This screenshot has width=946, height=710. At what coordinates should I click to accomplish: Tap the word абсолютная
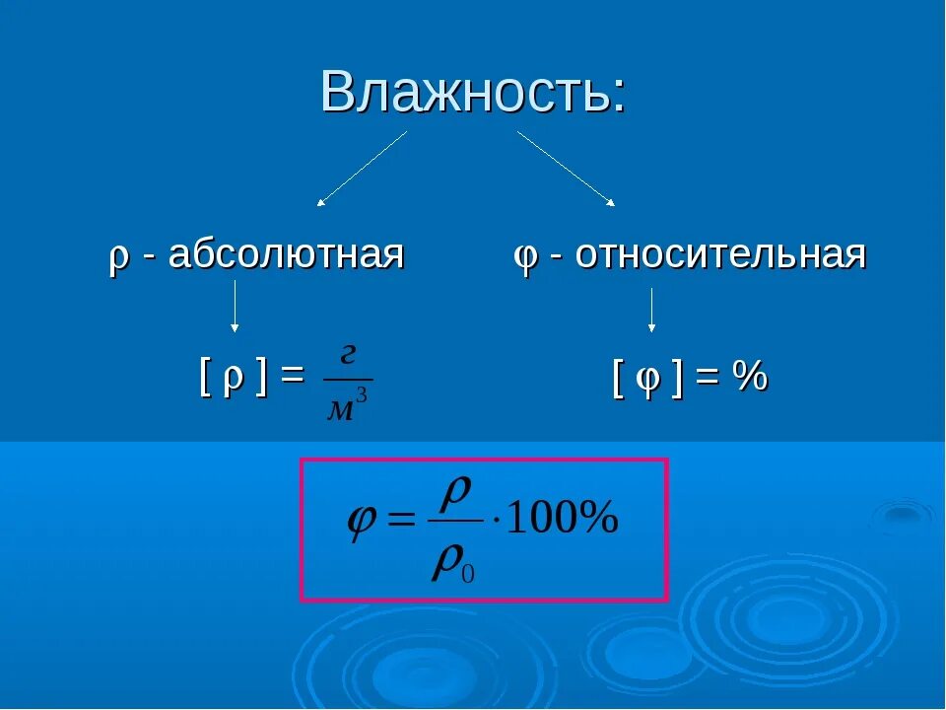click(286, 254)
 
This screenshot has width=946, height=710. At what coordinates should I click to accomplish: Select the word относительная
click(720, 254)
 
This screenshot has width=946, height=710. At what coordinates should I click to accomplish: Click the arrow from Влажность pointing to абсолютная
click(362, 169)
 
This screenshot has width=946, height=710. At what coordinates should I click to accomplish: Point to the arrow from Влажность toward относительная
click(566, 169)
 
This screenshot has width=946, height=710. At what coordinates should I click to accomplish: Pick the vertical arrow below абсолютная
click(235, 306)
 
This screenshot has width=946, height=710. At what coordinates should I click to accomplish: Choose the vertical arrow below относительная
click(651, 310)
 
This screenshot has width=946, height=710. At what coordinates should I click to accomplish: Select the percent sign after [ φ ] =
click(751, 378)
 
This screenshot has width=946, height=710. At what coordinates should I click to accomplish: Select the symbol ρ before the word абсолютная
click(118, 257)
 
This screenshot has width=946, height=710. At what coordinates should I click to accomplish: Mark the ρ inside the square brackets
click(233, 381)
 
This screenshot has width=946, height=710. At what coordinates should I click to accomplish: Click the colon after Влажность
click(618, 97)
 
